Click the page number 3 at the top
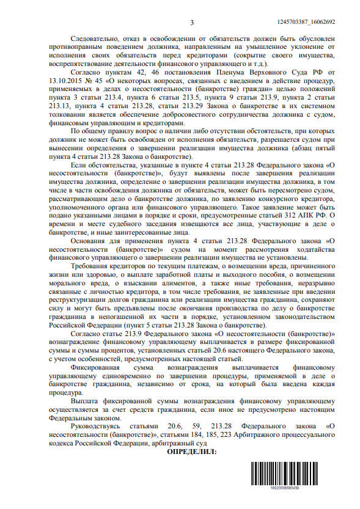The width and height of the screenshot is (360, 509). [x=191, y=23]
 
